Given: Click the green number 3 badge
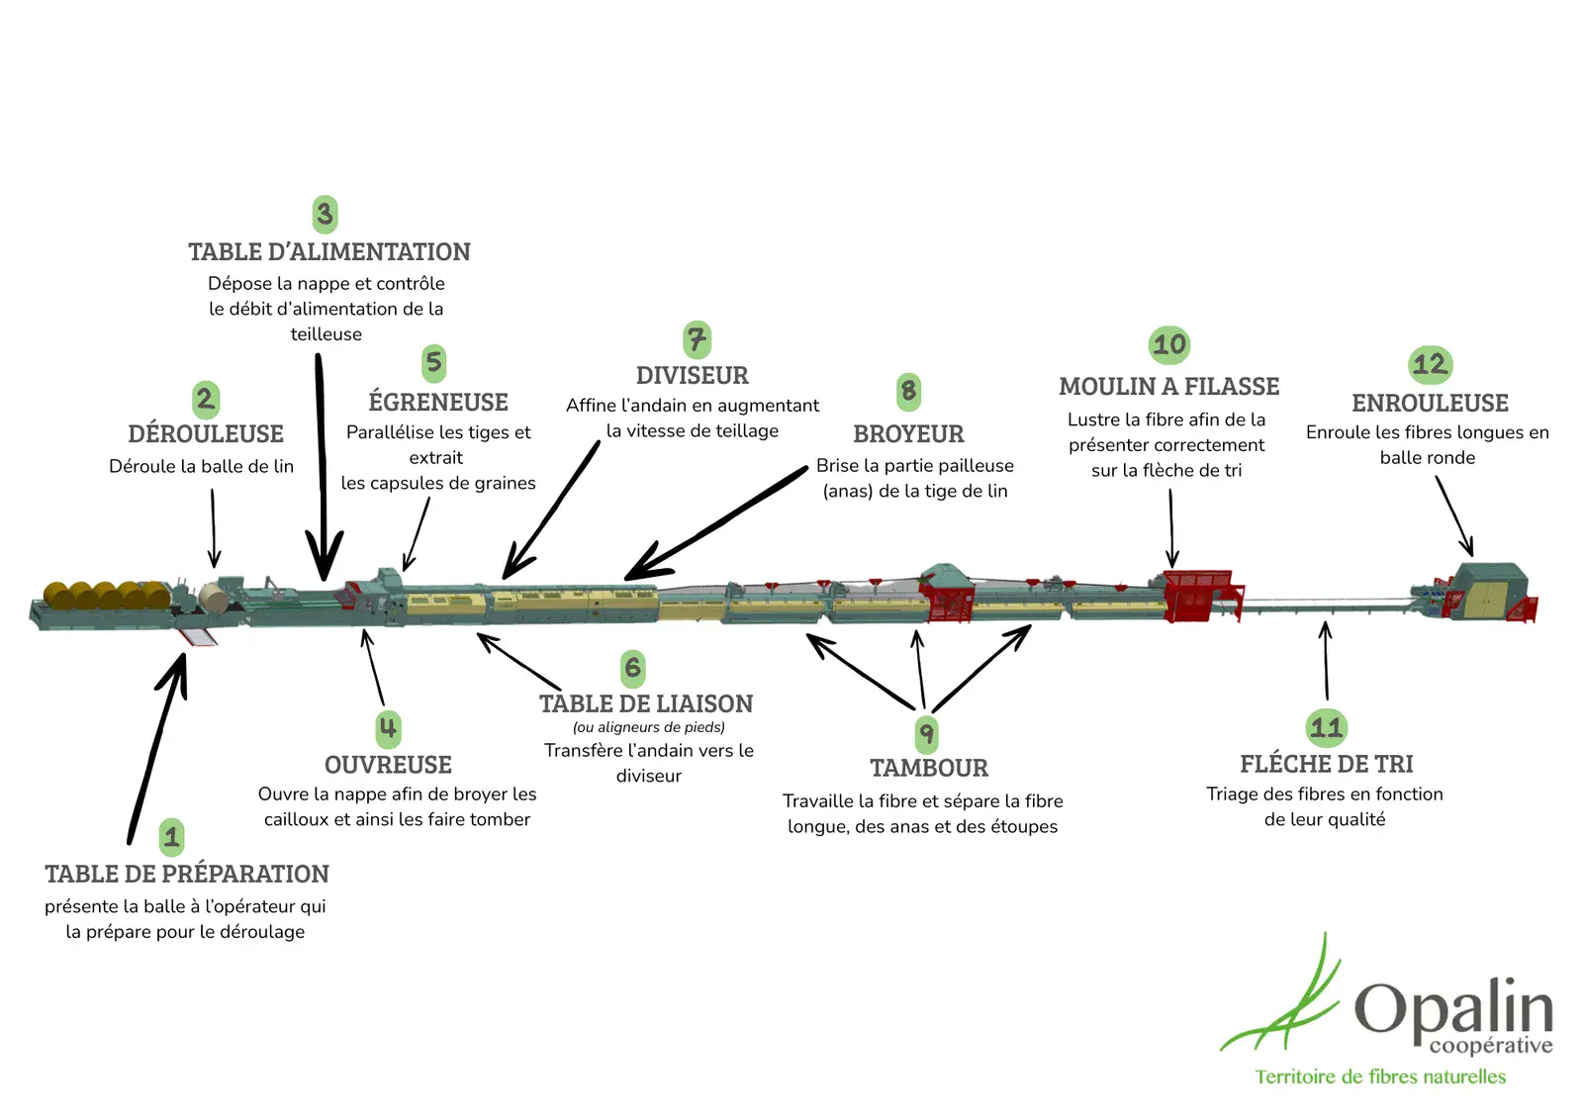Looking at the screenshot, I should click(x=325, y=214).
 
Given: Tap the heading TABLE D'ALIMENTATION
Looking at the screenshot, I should click(x=329, y=252).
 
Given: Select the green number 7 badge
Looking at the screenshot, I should click(x=697, y=339).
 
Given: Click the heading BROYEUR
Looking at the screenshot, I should click(x=908, y=434).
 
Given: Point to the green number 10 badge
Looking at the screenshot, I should click(x=1169, y=344).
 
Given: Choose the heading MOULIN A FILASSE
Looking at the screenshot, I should click(x=1168, y=387).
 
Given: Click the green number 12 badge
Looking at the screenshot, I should click(x=1430, y=364).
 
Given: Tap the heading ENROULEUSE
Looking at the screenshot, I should click(x=1430, y=404).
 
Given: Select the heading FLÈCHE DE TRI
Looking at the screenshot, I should click(x=1326, y=765).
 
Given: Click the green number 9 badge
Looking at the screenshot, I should click(x=926, y=734).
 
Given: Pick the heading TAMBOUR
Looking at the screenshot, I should click(x=928, y=769).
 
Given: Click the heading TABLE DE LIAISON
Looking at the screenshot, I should click(x=646, y=704).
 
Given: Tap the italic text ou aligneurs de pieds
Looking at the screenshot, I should click(x=649, y=728).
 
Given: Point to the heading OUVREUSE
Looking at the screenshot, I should click(x=388, y=766).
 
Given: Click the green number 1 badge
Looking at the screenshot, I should click(x=171, y=837).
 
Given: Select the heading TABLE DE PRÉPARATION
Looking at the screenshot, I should click(x=187, y=875).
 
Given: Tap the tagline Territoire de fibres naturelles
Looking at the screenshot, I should click(x=1380, y=1076).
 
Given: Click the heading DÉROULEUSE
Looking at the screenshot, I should click(x=206, y=434).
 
